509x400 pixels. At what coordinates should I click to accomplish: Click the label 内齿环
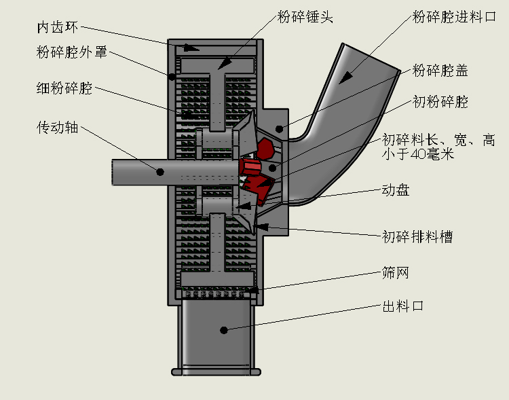tap(58, 28)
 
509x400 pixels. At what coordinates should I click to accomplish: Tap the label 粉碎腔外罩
tap(71, 52)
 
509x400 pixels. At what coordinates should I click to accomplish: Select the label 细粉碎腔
tap(64, 89)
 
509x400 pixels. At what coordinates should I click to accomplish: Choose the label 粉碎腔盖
tap(440, 70)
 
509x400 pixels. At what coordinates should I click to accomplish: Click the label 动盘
tap(396, 191)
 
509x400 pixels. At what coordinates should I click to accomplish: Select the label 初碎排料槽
tap(417, 236)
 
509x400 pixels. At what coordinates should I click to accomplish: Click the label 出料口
tap(403, 306)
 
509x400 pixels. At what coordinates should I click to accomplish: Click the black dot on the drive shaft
tap(160, 172)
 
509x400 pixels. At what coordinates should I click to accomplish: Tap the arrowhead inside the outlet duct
tap(223, 330)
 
